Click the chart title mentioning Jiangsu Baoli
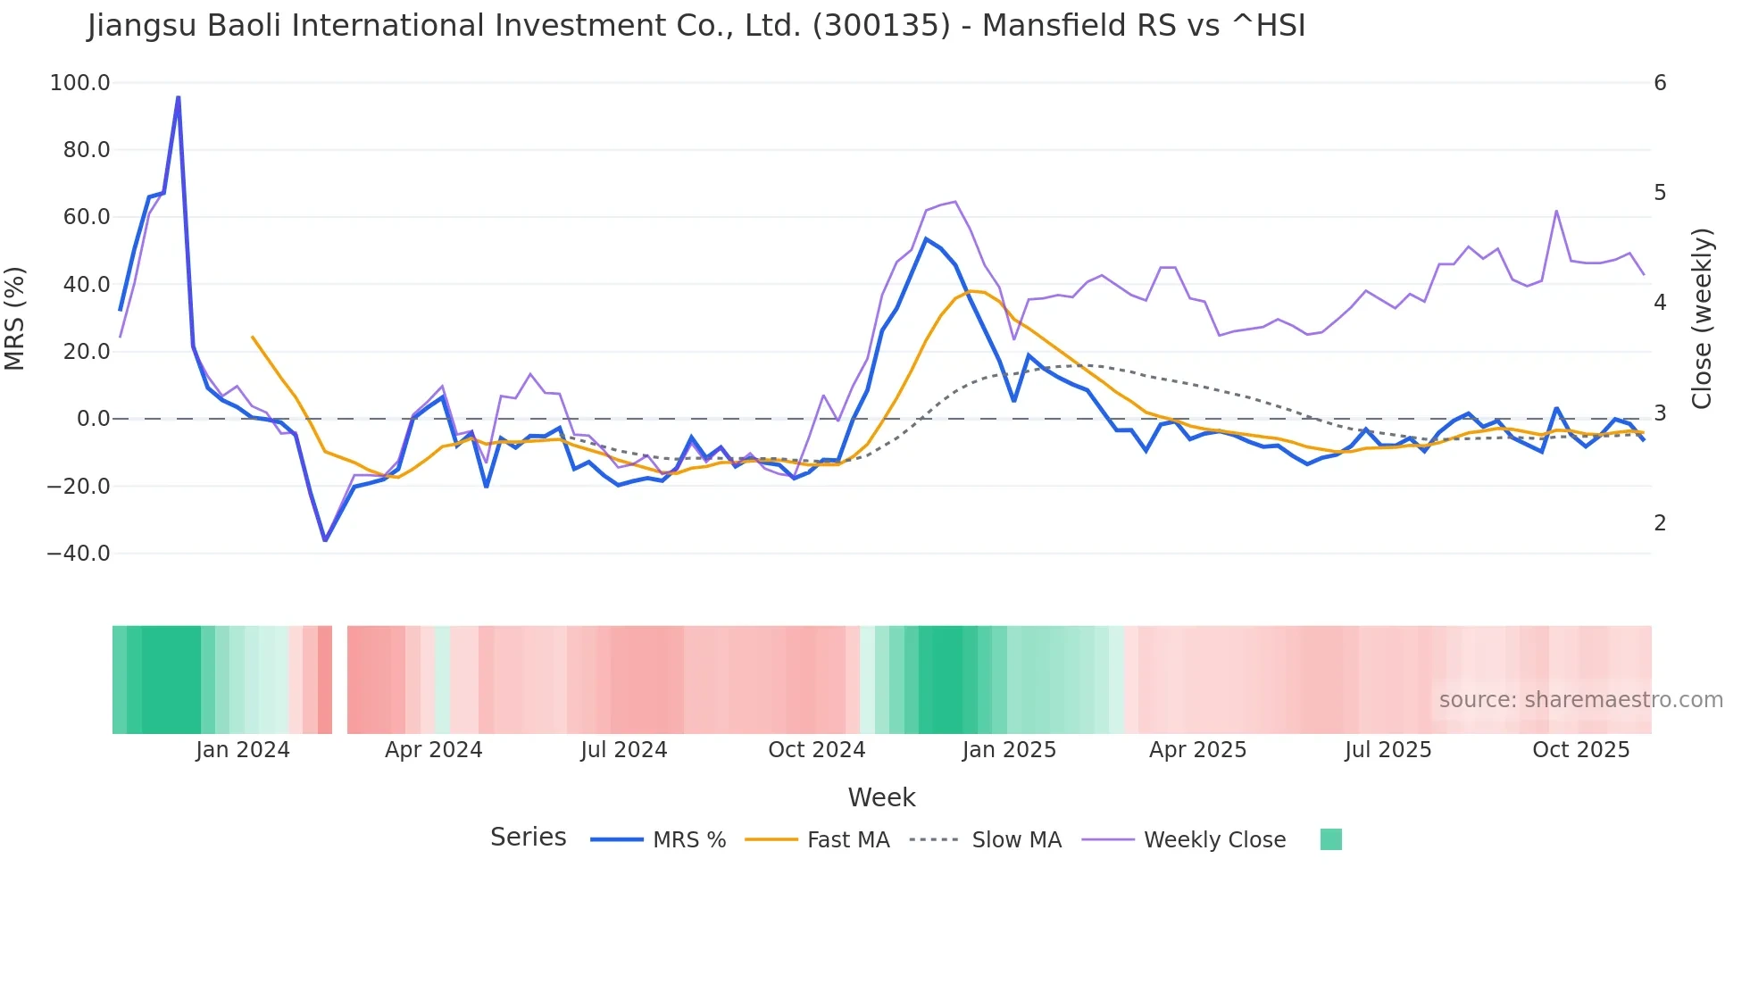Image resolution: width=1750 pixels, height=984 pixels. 696,26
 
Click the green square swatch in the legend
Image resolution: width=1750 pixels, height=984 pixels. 1330,839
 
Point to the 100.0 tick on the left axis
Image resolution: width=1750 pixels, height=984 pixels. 80,83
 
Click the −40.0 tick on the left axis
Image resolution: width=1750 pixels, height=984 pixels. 79,554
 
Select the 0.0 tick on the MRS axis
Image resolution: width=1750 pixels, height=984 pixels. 93,419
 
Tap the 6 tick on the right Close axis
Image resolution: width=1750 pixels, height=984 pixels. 1660,83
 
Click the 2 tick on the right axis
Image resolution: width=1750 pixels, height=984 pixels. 1660,523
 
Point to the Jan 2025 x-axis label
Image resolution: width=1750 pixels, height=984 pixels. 1009,750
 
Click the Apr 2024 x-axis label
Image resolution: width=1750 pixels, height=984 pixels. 433,750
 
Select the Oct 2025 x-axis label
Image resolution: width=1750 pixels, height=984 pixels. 1580,750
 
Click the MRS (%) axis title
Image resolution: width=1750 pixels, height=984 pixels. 15,318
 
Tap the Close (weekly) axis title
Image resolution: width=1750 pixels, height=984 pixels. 1702,318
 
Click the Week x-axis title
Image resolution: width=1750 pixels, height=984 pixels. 881,797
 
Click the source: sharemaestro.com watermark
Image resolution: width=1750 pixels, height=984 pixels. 1580,700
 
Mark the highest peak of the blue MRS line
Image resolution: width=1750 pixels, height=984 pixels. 178,97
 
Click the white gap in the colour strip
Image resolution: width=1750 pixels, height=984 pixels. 339,680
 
